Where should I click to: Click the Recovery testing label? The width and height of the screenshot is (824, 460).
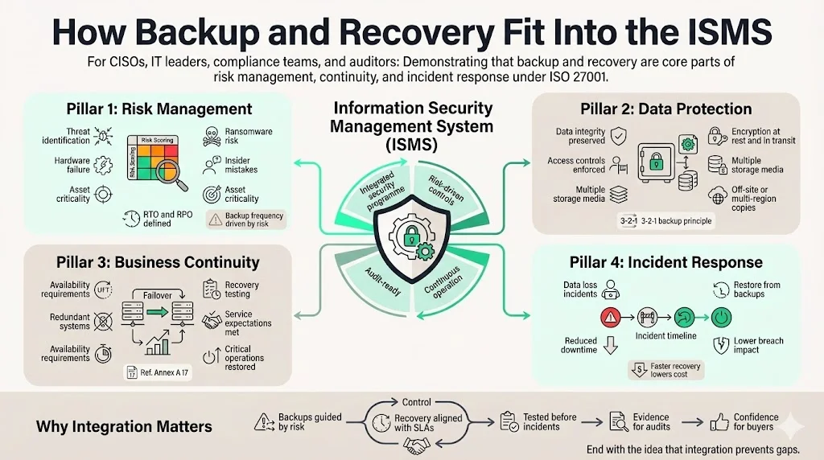[241, 290]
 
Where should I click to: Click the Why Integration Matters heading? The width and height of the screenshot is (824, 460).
[125, 426]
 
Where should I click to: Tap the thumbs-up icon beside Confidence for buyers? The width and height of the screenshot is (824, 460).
[719, 421]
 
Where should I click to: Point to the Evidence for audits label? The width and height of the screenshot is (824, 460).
[651, 421]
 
